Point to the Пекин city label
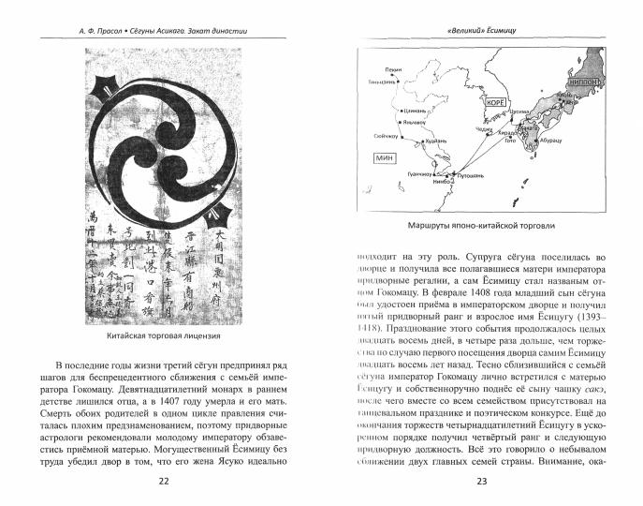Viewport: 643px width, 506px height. (x=393, y=69)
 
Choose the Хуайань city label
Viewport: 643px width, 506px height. (x=437, y=140)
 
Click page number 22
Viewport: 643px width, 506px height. (x=164, y=482)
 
